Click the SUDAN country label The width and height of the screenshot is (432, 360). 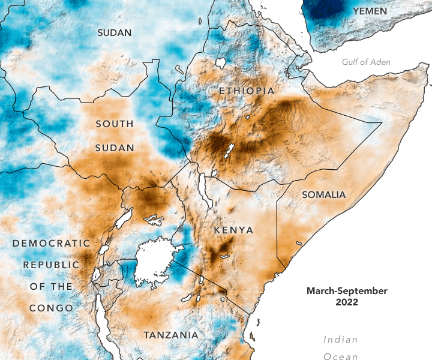(114, 33)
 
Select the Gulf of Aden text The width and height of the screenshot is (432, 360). (366, 62)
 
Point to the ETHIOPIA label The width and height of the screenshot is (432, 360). (247, 91)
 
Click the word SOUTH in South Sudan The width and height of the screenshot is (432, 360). (114, 124)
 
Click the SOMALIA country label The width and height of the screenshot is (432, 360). (324, 195)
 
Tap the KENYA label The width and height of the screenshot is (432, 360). (233, 230)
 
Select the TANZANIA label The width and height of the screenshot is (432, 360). (170, 334)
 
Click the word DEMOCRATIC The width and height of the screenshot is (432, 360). (51, 244)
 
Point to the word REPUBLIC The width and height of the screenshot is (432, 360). (51, 265)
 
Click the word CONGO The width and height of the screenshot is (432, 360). (51, 308)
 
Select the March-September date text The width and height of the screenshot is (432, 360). (347, 291)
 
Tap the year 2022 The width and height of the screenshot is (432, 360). (347, 302)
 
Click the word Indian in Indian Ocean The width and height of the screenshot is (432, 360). (341, 340)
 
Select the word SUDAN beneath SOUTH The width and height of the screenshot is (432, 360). (114, 148)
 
